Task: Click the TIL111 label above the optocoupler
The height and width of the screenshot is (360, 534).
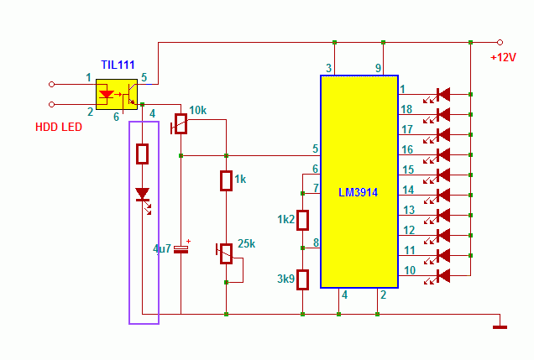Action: (118, 65)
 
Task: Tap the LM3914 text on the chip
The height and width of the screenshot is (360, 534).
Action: (358, 193)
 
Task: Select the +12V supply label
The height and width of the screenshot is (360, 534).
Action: (503, 57)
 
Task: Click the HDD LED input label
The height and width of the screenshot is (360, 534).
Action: (59, 127)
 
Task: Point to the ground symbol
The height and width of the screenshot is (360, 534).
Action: (500, 327)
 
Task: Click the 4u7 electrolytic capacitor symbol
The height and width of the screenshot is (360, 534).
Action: (181, 249)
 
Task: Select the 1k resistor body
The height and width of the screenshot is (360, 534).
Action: (226, 180)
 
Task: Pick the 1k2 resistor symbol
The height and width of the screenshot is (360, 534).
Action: (302, 220)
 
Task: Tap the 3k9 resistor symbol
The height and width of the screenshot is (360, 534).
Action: (302, 279)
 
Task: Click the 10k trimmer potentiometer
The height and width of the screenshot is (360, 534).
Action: (181, 123)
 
